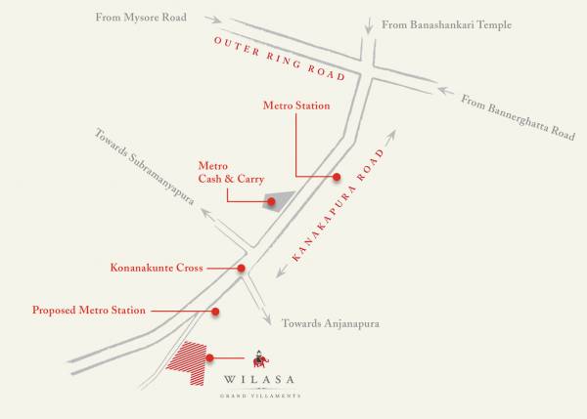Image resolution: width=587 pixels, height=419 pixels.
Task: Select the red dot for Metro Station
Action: [337, 177]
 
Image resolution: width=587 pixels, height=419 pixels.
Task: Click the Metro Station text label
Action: [296, 105]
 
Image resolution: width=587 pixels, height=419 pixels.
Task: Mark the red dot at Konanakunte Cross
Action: [241, 268]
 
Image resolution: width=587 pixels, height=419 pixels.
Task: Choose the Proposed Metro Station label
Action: [89, 311]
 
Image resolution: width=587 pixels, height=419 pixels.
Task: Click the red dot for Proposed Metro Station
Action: [215, 312]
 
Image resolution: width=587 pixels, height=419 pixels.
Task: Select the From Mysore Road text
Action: [141, 17]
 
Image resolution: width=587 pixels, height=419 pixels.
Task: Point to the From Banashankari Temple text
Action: [446, 23]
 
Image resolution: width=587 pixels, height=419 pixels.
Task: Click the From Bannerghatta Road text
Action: [517, 115]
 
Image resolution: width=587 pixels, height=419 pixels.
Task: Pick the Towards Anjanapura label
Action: [329, 323]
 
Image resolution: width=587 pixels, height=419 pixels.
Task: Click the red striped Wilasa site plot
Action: [189, 361]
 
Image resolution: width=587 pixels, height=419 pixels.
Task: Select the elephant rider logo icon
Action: [258, 357]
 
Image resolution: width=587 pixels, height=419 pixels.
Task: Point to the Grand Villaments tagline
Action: [258, 396]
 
